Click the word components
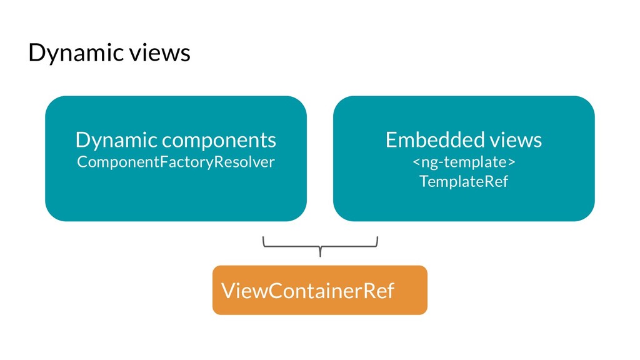[x=219, y=141]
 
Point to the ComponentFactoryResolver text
[x=176, y=162]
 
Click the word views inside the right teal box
[x=516, y=140]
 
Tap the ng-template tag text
[x=464, y=162]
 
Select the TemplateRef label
[x=464, y=181]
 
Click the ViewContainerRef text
[x=307, y=291]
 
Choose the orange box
[x=320, y=290]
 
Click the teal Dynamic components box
[x=176, y=159]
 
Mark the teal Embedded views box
[x=464, y=159]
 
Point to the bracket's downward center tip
[x=320, y=256]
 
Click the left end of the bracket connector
[x=263, y=237]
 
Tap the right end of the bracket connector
[x=377, y=237]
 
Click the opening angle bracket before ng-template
[x=416, y=162]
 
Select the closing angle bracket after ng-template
[x=512, y=162]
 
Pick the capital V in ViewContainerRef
[x=229, y=291]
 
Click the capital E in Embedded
[x=391, y=140]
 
